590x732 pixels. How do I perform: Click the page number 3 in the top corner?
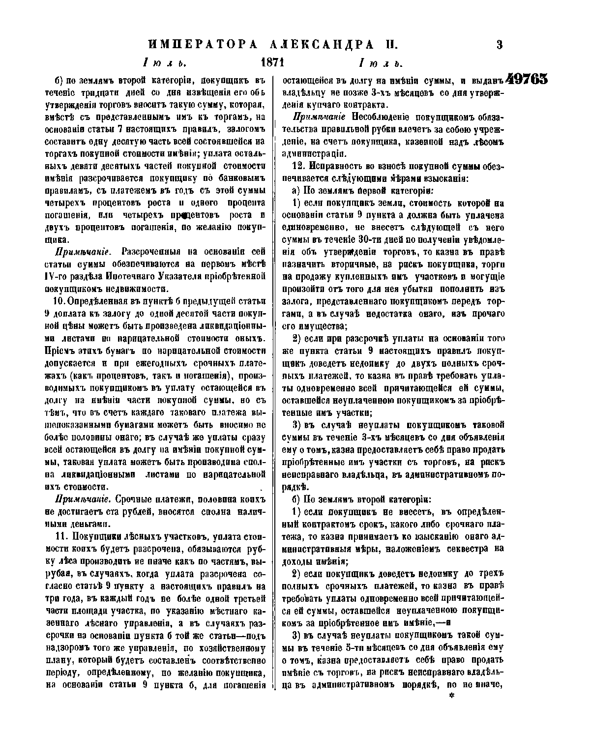499,45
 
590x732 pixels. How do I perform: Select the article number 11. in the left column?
65,536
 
